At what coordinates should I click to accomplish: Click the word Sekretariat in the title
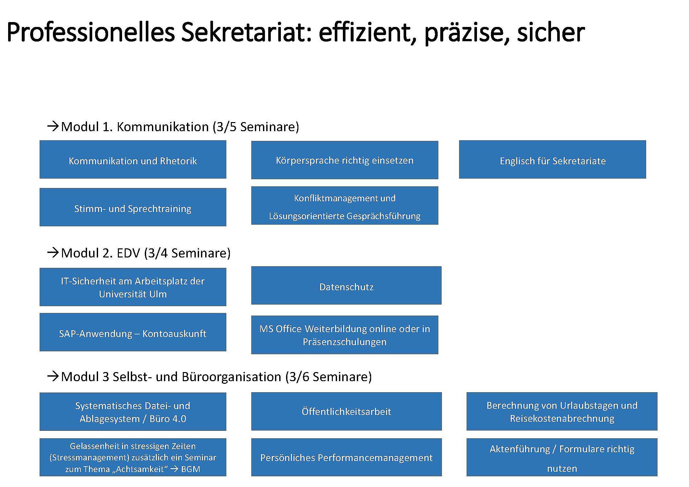pos(246,32)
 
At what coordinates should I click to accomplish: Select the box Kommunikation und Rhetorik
pos(133,159)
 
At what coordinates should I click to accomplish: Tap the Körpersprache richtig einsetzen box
pos(344,160)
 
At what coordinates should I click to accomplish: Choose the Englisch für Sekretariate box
pos(552,159)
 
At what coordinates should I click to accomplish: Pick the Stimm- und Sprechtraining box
pos(133,207)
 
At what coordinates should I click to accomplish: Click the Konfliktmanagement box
pos(344,206)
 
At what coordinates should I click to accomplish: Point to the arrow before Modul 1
pos(53,126)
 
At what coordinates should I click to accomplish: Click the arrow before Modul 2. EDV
pos(53,253)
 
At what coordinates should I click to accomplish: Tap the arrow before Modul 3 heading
pos(53,376)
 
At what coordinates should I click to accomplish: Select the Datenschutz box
pos(346,285)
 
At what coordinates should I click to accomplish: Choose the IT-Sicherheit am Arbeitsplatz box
pos(133,287)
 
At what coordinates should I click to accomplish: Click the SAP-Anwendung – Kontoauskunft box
pos(133,332)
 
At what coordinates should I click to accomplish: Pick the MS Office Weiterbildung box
pos(344,335)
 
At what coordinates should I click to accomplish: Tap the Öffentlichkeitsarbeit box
pos(346,411)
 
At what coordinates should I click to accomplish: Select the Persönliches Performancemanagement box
pos(346,457)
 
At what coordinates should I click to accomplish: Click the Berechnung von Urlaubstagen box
pos(562,411)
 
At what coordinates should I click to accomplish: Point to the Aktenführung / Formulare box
pos(562,457)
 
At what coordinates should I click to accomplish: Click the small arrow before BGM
pos(174,469)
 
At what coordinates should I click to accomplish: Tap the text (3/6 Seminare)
pos(329,377)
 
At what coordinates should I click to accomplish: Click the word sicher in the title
pos(551,32)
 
